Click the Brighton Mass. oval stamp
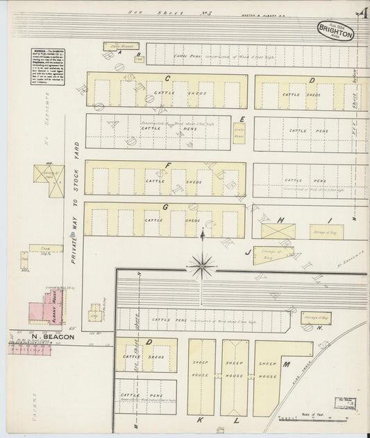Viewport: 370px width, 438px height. [x=336, y=30]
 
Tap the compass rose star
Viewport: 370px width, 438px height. [x=202, y=265]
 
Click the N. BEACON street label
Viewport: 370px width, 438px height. [x=43, y=338]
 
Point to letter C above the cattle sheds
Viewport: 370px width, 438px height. [x=167, y=78]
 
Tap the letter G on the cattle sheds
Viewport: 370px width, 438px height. [x=165, y=207]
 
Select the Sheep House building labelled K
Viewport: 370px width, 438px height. [x=201, y=376]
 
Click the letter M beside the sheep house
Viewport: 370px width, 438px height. [x=285, y=364]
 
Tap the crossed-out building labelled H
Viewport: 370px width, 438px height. [x=278, y=231]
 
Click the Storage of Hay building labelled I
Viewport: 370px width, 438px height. [x=326, y=231]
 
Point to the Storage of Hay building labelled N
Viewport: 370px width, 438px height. [x=316, y=318]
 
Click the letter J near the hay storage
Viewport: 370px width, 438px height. [x=248, y=253]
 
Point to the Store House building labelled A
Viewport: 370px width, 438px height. [x=121, y=46]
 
